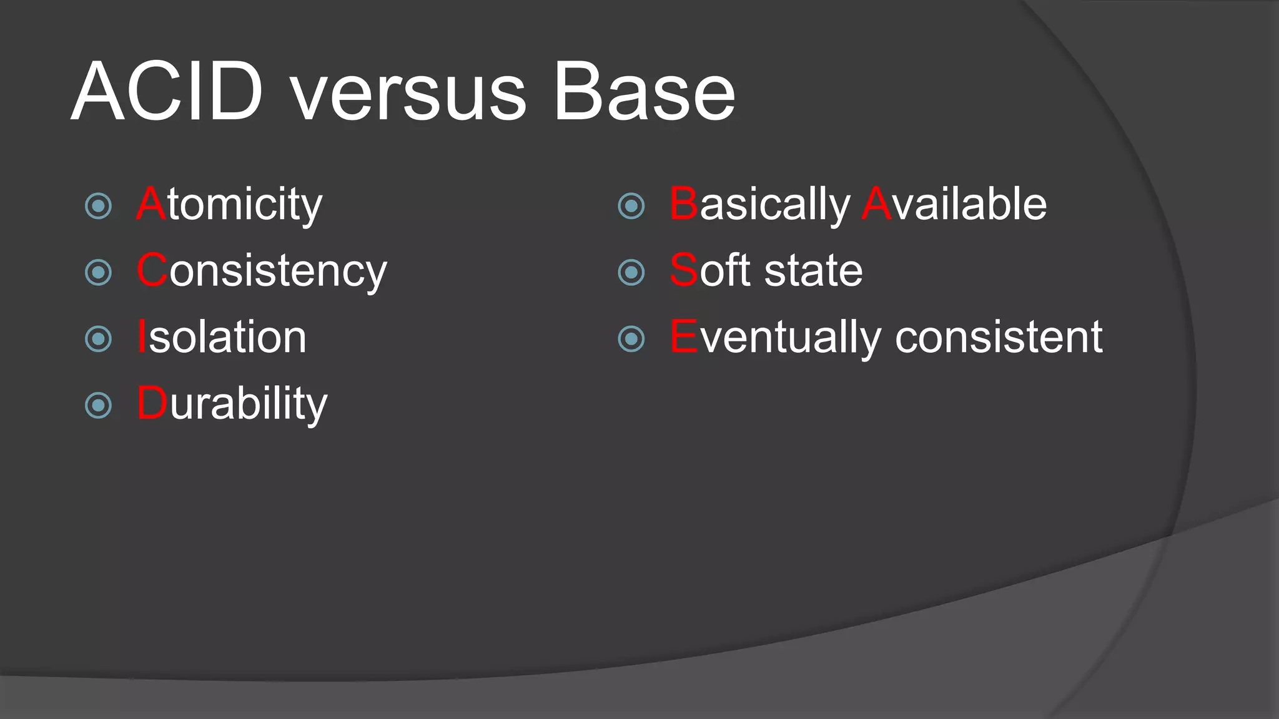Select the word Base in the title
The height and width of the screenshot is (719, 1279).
(x=644, y=92)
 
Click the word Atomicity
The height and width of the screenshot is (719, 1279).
(x=229, y=204)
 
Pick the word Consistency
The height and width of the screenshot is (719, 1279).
(x=262, y=271)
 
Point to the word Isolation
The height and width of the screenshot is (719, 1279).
(x=222, y=337)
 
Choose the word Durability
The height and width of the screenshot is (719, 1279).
(x=232, y=404)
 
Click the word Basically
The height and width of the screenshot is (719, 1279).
(x=759, y=204)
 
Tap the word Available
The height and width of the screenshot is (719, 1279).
(x=954, y=204)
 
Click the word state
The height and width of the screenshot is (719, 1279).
(x=814, y=271)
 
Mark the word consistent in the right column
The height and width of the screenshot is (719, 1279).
(x=999, y=337)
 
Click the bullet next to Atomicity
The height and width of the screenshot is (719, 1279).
(x=98, y=206)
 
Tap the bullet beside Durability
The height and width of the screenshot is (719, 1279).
(x=98, y=406)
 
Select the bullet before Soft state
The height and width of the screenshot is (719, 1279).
(x=631, y=273)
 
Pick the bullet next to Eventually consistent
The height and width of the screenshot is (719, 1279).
(x=631, y=339)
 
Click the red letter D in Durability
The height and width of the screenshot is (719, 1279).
(x=152, y=403)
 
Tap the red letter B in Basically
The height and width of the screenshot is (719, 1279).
(x=683, y=204)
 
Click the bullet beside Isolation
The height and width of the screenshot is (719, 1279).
(x=98, y=339)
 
